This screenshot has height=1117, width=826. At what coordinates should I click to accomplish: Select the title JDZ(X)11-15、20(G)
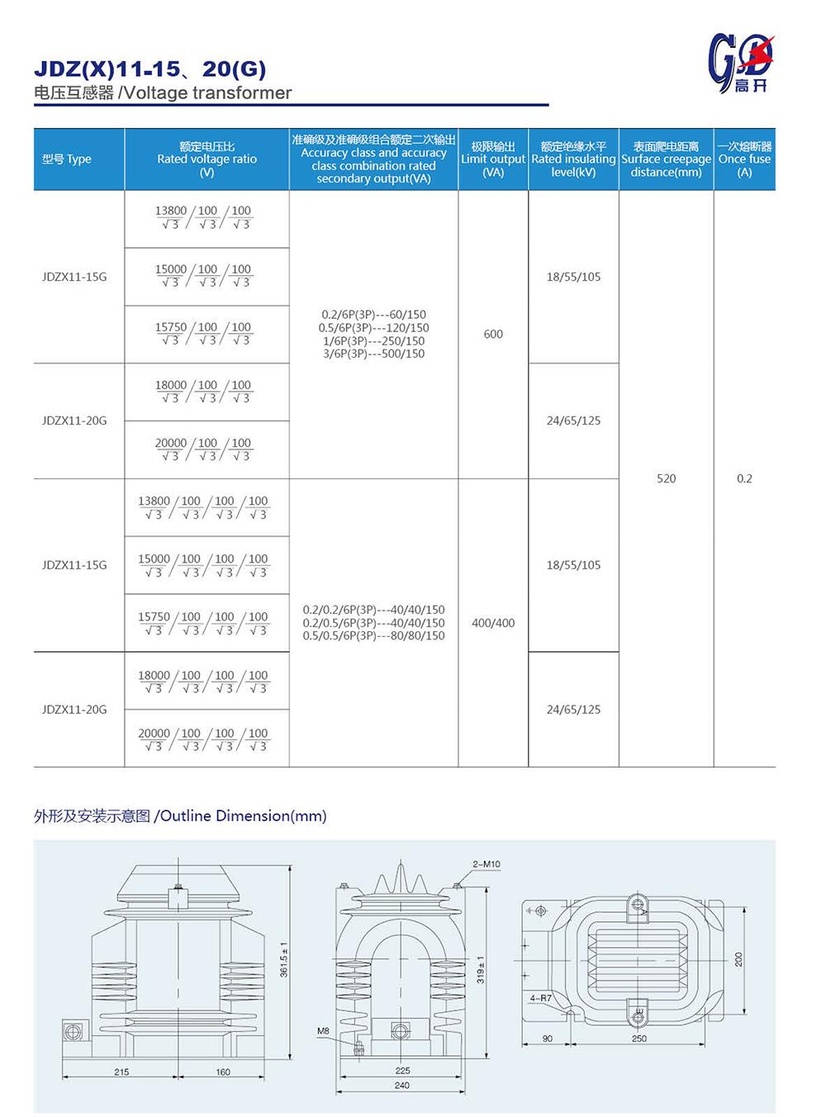click(x=150, y=69)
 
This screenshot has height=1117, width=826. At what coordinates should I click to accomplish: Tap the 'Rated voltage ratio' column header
click(x=206, y=159)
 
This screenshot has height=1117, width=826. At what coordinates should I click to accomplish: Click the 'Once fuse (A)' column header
click(x=744, y=159)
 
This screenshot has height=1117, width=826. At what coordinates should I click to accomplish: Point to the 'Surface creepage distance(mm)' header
click(x=666, y=159)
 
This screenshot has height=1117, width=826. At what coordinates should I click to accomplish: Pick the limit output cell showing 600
click(x=493, y=335)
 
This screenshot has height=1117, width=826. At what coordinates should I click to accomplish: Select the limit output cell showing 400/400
click(x=493, y=623)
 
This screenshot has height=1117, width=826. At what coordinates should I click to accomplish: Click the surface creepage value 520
click(x=666, y=478)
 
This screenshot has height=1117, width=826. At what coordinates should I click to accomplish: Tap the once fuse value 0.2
click(x=744, y=478)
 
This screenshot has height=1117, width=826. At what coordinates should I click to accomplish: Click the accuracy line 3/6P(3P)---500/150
click(x=373, y=354)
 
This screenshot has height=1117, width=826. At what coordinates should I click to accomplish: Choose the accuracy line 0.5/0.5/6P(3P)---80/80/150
click(x=373, y=636)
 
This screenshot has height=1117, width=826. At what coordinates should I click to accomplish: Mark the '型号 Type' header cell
click(x=67, y=159)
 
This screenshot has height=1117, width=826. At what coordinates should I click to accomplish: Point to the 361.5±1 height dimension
click(x=284, y=959)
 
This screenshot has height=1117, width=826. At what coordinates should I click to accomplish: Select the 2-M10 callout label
click(x=487, y=864)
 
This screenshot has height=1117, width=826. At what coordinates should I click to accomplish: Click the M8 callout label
click(x=323, y=1031)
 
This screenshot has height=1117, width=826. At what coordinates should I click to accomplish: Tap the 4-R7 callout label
click(x=540, y=999)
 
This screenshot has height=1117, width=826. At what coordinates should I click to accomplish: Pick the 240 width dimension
click(x=401, y=1086)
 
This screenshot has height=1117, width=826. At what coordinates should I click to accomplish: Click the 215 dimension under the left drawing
click(x=121, y=1072)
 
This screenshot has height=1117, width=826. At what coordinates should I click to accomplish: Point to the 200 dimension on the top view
click(x=738, y=959)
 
